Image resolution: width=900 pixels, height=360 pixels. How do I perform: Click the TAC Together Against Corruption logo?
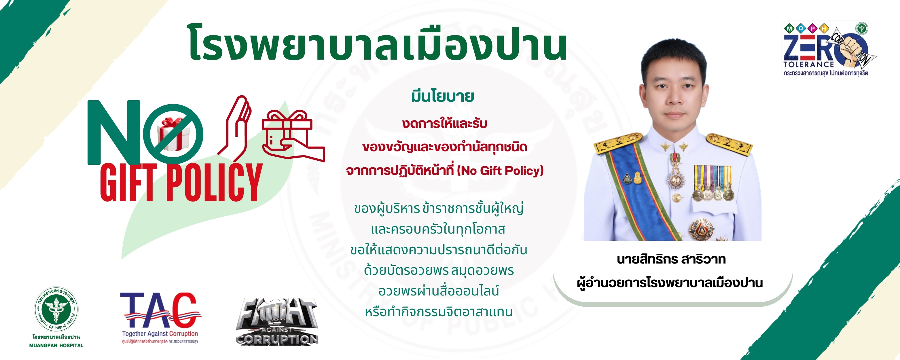click(x=161, y=316)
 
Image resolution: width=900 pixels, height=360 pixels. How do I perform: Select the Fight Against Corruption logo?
click(x=277, y=322)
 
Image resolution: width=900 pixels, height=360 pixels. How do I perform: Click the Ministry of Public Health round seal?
click(x=56, y=309)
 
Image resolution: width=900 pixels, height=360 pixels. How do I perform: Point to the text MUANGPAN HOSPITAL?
click(x=56, y=345)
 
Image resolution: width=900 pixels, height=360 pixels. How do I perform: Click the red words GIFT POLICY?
click(x=181, y=182)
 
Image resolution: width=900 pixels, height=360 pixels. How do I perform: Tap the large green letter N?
click(x=113, y=133)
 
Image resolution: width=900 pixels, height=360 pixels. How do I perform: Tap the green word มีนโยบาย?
click(x=442, y=96)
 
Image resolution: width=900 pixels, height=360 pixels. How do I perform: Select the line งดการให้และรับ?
click(x=444, y=123)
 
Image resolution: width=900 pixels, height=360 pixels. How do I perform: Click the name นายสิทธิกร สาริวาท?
click(x=671, y=259)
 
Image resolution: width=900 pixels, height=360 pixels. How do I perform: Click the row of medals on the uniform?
click(x=713, y=183)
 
